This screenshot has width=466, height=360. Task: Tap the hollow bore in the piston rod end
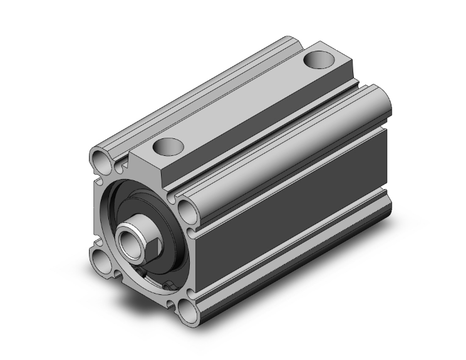tap(130, 238)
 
